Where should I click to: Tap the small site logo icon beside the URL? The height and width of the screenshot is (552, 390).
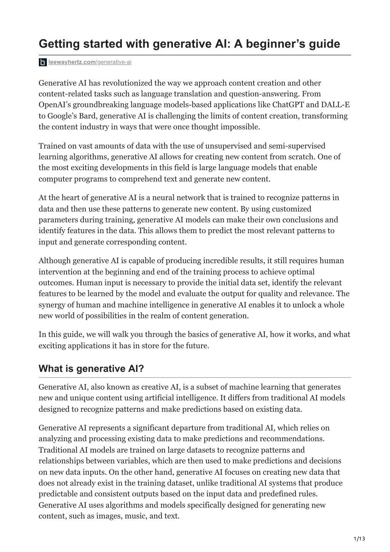43,62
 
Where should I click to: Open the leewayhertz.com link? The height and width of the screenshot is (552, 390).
72,62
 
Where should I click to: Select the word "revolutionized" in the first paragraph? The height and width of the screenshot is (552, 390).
126,83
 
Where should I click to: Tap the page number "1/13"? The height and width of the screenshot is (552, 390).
359,538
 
